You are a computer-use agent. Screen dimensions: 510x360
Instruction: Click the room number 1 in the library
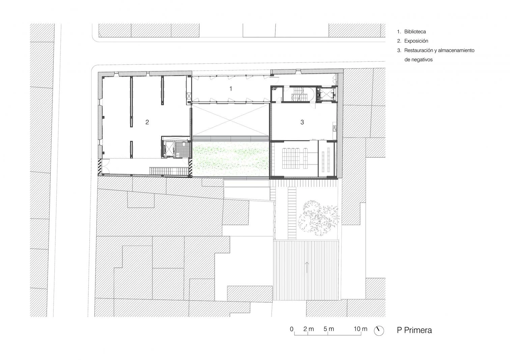pos(231,89)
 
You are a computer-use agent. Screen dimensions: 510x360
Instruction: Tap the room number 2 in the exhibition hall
pos(147,122)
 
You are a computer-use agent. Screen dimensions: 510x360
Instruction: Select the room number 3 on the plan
pos(302,122)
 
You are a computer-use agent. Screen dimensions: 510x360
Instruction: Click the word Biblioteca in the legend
pos(415,32)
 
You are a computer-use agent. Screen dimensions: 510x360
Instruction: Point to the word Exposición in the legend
pos(416,41)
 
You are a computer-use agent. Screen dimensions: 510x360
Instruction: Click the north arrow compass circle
pos(379,331)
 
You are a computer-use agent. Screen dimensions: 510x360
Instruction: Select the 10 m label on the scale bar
pos(361,329)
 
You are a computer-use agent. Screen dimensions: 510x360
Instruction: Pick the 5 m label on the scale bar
pos(329,329)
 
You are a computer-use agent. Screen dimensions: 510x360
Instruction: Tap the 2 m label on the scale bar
pos(309,329)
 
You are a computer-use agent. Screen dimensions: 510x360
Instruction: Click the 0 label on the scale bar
pos(292,329)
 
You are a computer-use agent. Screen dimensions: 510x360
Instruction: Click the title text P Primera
pos(414,330)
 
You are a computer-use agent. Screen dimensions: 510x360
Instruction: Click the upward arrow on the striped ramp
pos(307,267)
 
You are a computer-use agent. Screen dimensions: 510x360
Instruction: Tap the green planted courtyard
pos(231,159)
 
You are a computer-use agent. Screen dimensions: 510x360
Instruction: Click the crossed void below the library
pos(230,120)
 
